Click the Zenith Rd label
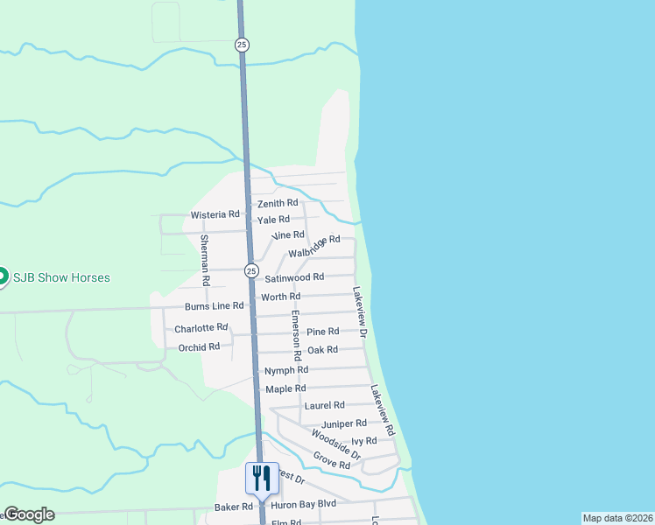click(x=278, y=203)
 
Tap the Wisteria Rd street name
click(x=215, y=214)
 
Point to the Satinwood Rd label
click(x=294, y=277)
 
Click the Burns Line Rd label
click(x=214, y=306)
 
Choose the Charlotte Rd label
click(x=201, y=328)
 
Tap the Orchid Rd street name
click(x=199, y=347)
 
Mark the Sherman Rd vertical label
click(x=204, y=261)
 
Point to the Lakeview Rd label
click(x=383, y=411)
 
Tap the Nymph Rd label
click(x=286, y=371)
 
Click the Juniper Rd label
click(x=343, y=424)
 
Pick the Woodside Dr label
click(x=335, y=444)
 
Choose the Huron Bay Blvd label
click(x=303, y=505)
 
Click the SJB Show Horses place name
click(x=61, y=277)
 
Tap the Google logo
click(x=29, y=514)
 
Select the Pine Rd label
click(x=322, y=332)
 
